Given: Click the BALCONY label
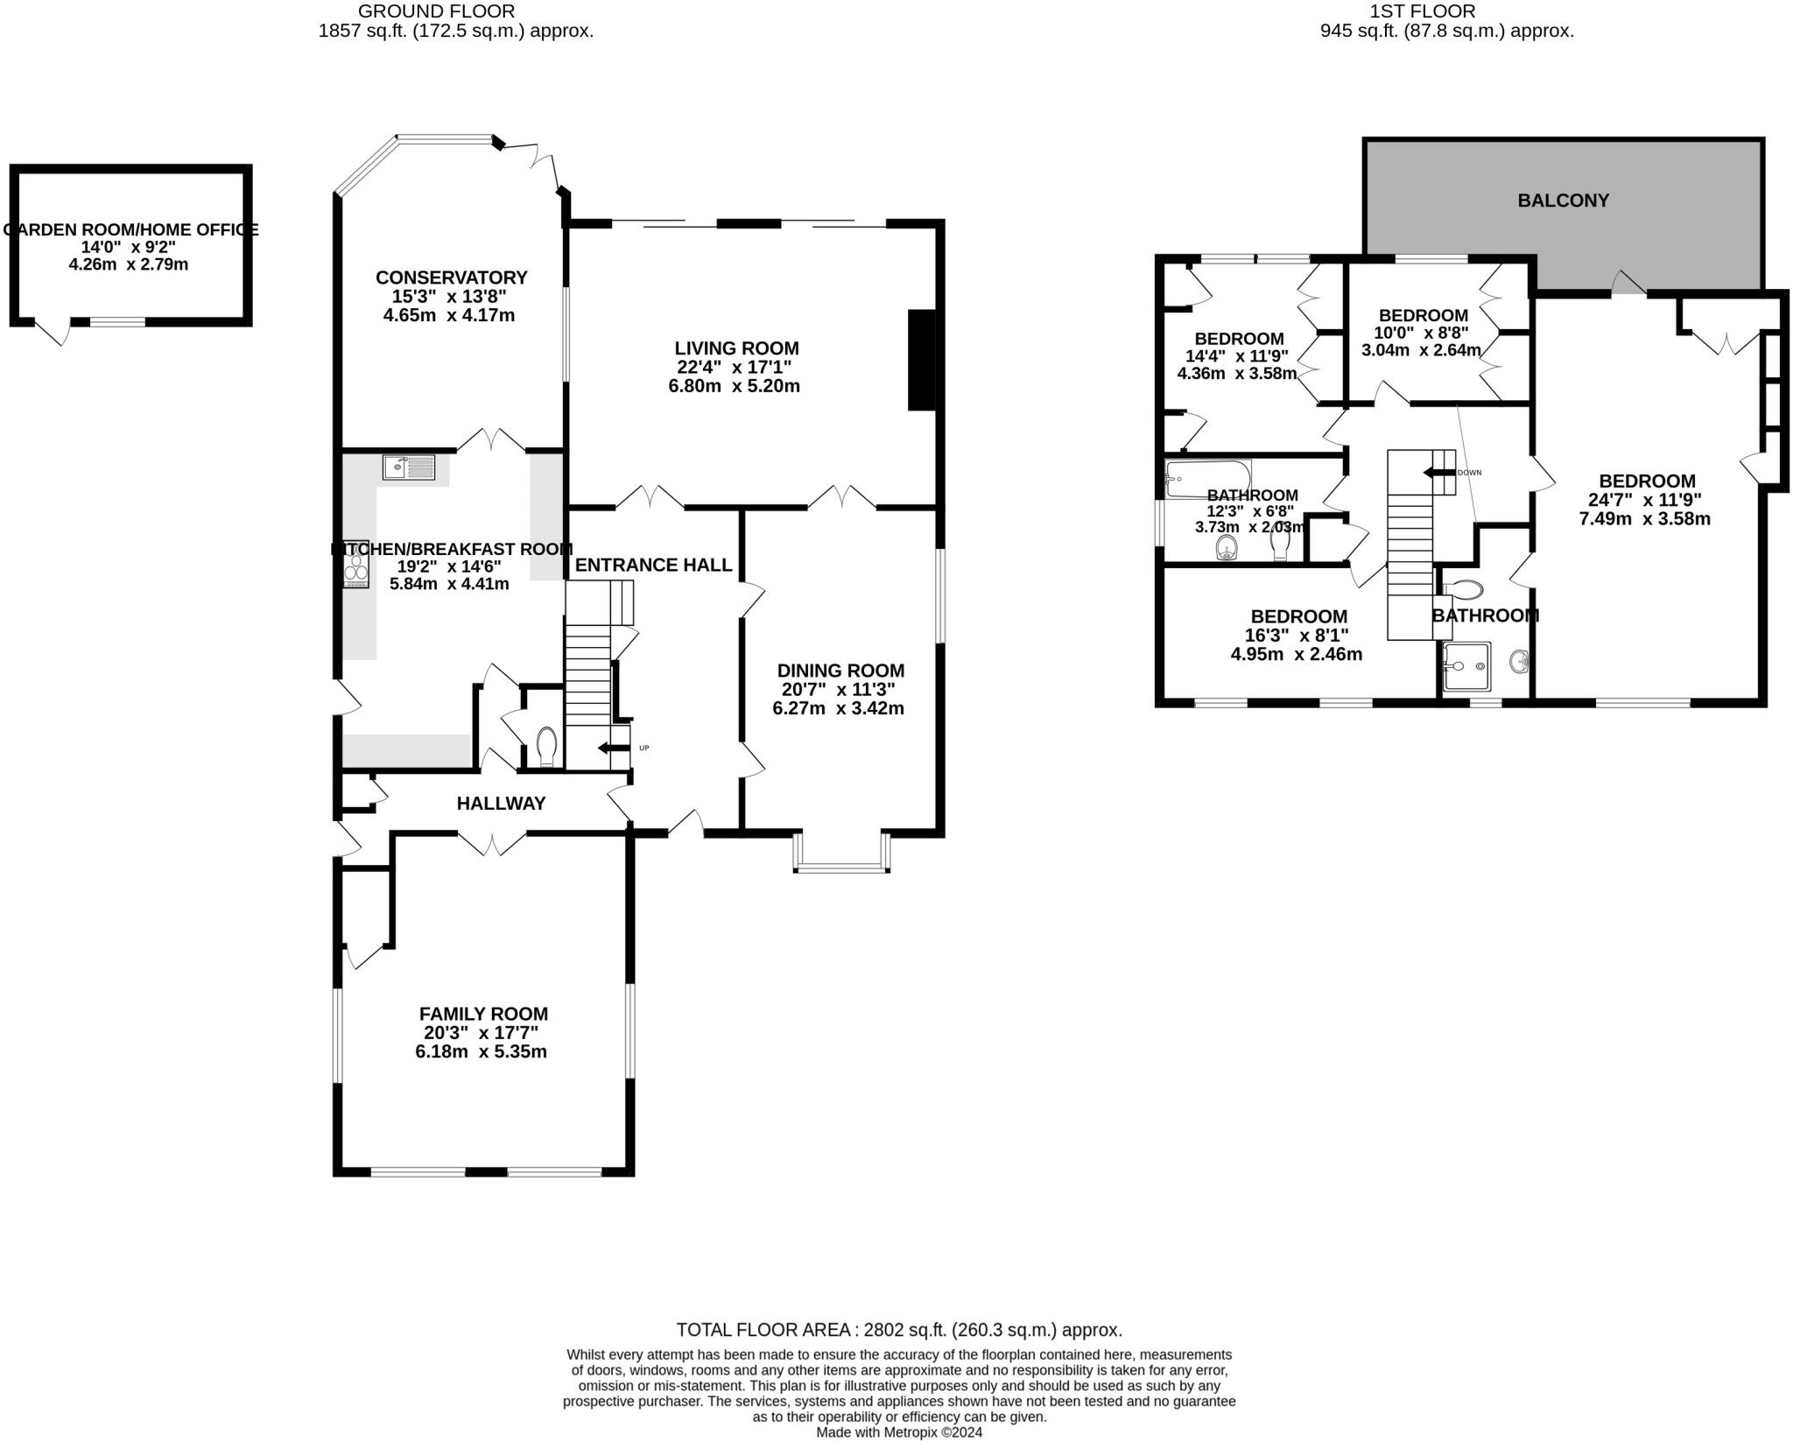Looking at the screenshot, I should [1563, 200].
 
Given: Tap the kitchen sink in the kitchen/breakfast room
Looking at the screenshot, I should [409, 467].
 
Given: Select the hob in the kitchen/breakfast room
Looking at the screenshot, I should [356, 564].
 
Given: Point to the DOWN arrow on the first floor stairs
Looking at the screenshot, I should [1438, 473].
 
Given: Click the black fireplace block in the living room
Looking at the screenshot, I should [922, 360].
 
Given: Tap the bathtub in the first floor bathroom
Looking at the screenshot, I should [1207, 478].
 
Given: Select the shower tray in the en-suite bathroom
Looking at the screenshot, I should [1466, 666].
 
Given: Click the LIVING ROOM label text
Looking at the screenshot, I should [736, 348].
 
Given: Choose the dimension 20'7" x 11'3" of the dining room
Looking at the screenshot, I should [838, 690].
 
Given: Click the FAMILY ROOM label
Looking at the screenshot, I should [483, 1014].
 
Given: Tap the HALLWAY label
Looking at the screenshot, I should [501, 804].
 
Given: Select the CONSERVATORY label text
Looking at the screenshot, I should [451, 278].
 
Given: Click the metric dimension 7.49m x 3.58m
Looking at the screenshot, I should [1644, 518].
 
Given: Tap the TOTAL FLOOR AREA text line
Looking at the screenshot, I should [898, 1331].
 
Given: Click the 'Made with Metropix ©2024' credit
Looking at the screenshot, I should [899, 1432].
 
